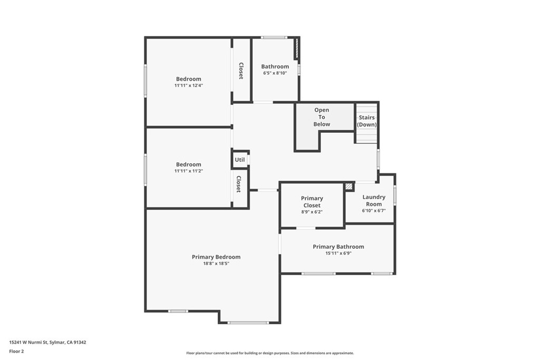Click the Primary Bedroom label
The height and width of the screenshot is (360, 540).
[216, 257]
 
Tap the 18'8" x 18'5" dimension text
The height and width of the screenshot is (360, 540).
[216, 264]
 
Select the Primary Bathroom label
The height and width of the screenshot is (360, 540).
[338, 247]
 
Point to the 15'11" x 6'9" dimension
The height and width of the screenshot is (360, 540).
[338, 253]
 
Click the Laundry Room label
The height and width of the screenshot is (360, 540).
[373, 200]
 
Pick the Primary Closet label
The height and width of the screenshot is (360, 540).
[312, 202]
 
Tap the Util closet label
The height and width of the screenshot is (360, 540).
[240, 160]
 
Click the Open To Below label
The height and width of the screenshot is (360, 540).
[322, 117]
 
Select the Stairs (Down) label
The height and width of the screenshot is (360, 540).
[367, 121]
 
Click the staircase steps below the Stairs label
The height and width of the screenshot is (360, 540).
[367, 136]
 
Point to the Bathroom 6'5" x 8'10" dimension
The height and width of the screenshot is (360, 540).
[275, 73]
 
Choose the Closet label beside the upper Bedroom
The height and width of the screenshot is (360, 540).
[241, 71]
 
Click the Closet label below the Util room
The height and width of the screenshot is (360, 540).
[238, 184]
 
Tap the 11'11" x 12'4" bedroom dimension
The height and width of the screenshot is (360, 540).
[188, 85]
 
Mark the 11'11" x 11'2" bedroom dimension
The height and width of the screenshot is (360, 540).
[188, 171]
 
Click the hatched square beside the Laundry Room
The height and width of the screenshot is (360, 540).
[349, 186]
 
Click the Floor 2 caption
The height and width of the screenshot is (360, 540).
[16, 351]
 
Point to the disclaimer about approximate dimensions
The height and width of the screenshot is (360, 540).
[269, 353]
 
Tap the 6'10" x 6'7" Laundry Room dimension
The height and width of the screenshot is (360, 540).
[373, 210]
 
